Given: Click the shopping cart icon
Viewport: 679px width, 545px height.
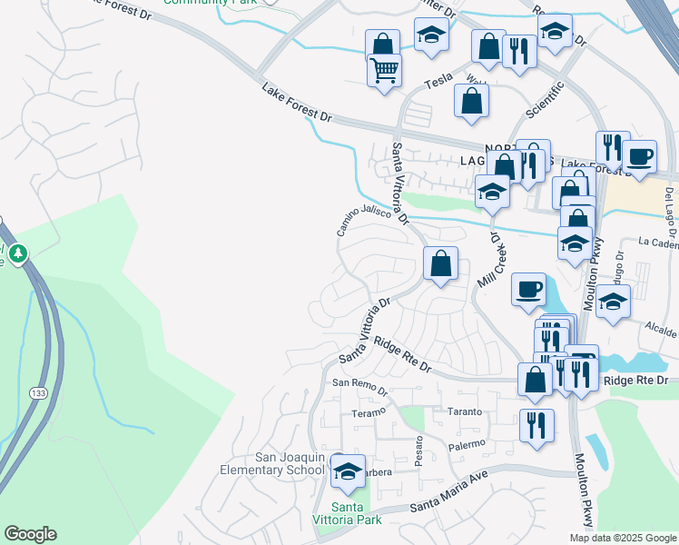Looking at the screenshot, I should [x=385, y=69].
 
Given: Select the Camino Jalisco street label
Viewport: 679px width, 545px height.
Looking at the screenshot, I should [x=368, y=219].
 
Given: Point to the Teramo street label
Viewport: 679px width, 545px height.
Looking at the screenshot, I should [x=369, y=411].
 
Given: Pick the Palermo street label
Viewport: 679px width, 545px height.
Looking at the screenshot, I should [x=468, y=445].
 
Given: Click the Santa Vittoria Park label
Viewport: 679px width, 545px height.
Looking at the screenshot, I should [x=356, y=513].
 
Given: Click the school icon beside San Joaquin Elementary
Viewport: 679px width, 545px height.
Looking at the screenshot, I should [x=348, y=471].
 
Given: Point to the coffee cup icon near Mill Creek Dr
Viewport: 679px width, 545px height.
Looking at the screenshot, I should [x=528, y=290].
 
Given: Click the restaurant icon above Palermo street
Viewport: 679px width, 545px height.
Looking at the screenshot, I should [x=536, y=424].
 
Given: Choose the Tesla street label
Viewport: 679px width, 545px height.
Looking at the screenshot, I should [x=440, y=81].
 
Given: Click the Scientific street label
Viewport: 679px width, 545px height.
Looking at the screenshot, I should [x=546, y=101].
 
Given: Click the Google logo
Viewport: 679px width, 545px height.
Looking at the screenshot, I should [x=30, y=534].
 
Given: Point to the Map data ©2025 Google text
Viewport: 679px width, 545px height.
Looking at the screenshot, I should [x=623, y=538].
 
